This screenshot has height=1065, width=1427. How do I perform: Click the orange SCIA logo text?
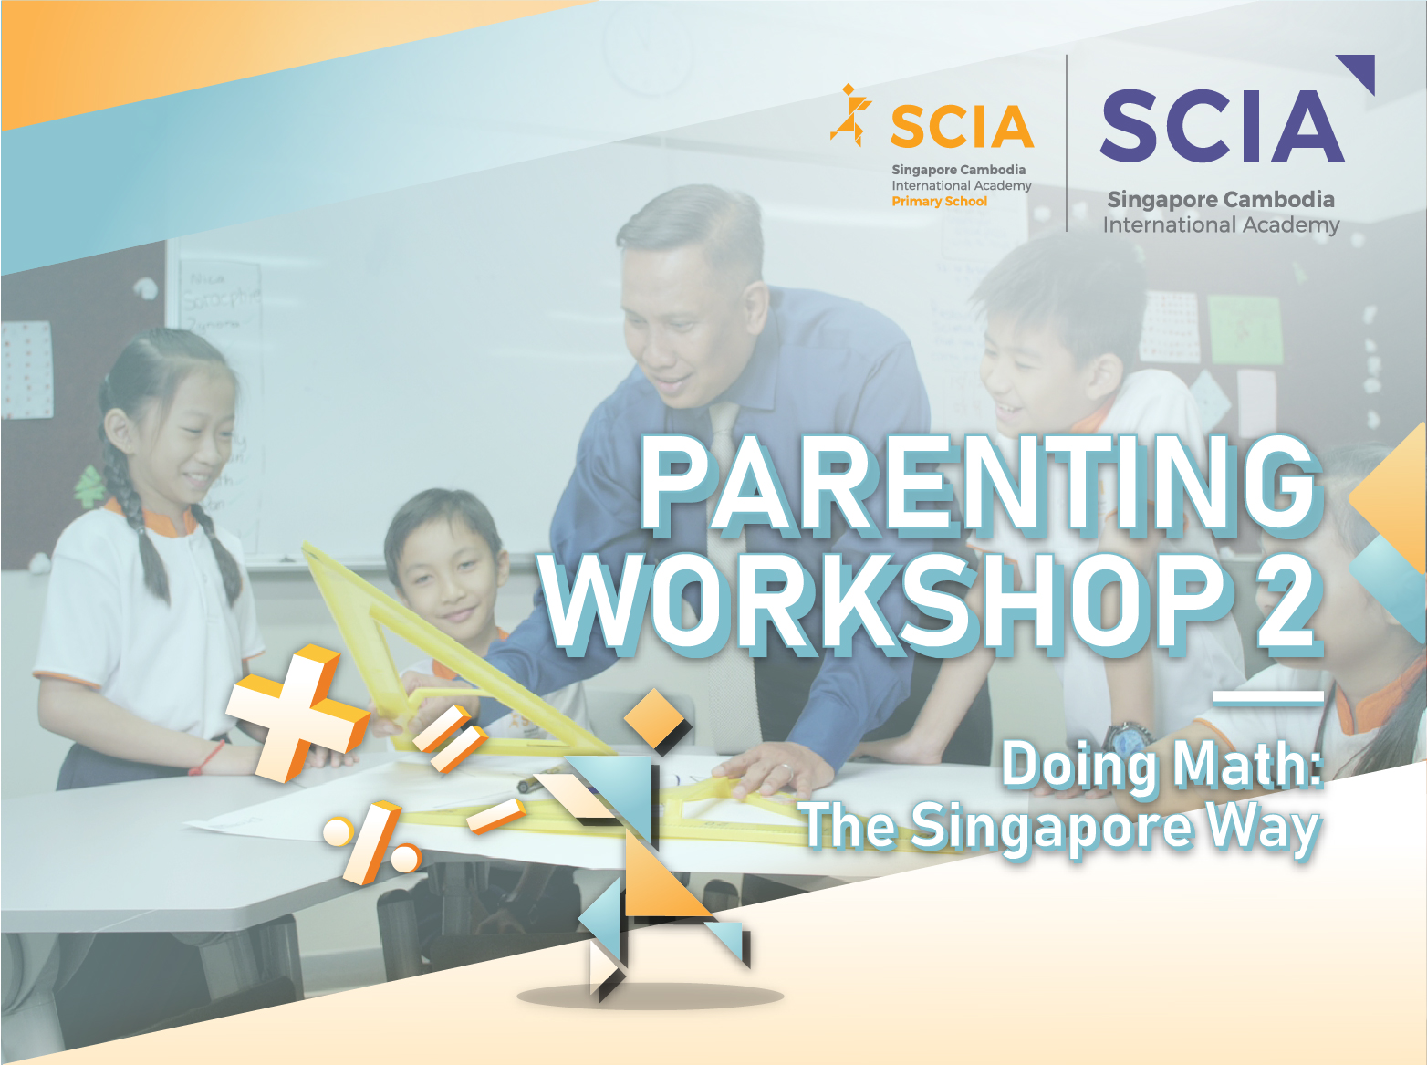pos(962,126)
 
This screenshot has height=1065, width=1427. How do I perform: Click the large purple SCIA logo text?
pos(1222,126)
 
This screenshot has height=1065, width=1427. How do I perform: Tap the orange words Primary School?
pos(940,202)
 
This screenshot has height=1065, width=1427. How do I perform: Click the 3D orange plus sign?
pos(296,712)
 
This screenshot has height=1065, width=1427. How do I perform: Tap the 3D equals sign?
pos(450,738)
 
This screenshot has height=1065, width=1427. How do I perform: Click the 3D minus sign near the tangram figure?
pos(497,816)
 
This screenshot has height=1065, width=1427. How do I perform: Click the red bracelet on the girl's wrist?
pos(207,758)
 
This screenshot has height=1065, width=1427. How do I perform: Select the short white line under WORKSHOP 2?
pos(1268,697)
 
